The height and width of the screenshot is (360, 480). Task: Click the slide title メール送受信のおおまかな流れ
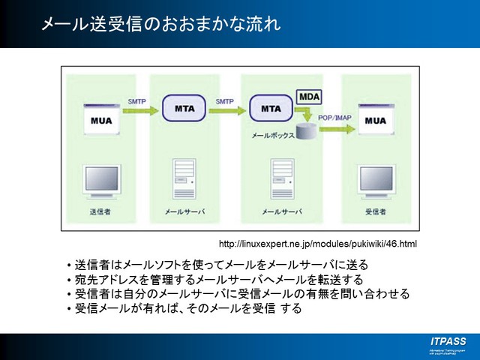pyautogui.click(x=160, y=24)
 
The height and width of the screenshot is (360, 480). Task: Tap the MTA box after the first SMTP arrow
pyautogui.click(x=184, y=109)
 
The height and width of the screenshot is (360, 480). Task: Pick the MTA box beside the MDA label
pyautogui.click(x=271, y=109)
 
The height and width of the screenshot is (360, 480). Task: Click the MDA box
pyautogui.click(x=309, y=97)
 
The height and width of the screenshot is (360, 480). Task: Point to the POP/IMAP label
pyautogui.click(x=334, y=118)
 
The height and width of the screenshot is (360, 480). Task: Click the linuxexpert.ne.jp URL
pyautogui.click(x=317, y=244)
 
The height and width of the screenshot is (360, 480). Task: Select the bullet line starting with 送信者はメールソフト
pyautogui.click(x=221, y=265)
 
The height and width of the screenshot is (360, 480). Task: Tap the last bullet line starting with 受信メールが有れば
pyautogui.click(x=187, y=308)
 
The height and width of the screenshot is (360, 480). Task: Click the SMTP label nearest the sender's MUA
pyautogui.click(x=137, y=101)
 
